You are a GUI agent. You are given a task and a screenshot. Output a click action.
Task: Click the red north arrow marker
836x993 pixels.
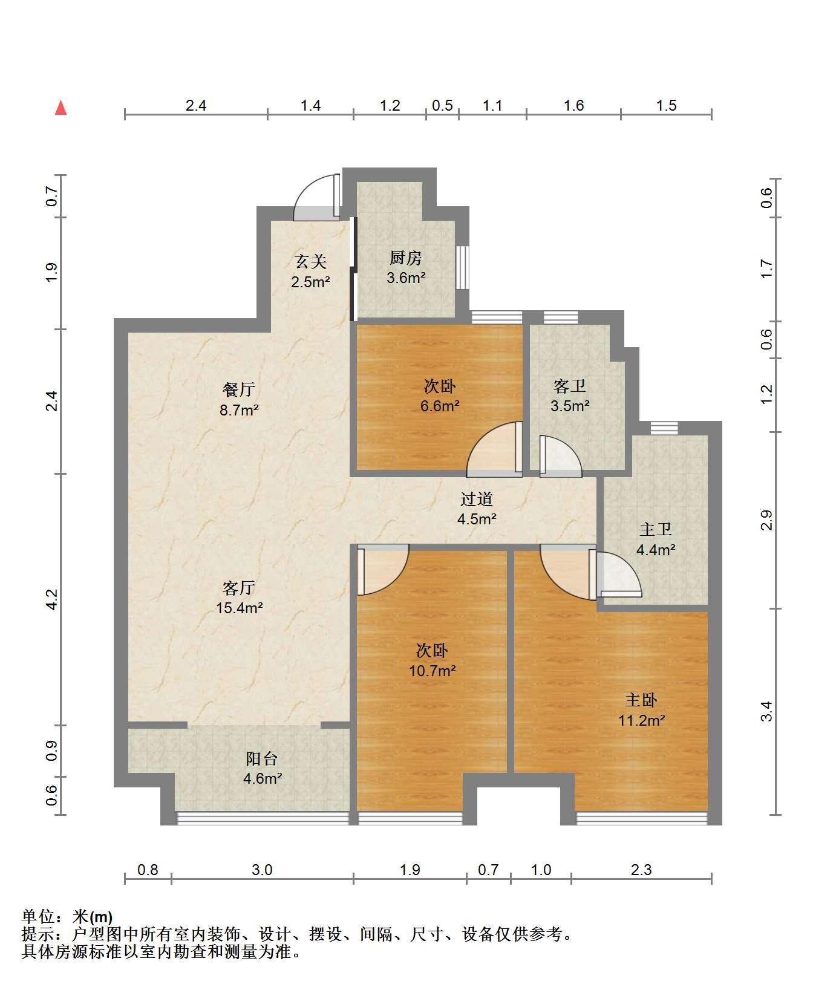60,108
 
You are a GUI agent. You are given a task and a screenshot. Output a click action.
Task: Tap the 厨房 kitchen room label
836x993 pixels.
405,258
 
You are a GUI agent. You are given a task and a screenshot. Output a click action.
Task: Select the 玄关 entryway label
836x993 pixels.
310,261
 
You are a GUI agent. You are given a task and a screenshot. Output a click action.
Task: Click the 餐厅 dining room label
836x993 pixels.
239,389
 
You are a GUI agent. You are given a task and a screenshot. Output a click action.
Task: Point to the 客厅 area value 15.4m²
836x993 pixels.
240,608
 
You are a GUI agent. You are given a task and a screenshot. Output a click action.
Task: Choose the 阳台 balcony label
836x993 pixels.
262,758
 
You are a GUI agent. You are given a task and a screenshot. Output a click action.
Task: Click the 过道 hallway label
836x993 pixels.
477,499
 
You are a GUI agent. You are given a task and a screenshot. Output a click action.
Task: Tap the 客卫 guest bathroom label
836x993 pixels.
570,386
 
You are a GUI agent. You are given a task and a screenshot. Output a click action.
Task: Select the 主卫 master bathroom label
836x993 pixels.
656,530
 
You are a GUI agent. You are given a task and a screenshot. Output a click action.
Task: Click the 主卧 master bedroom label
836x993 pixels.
641,700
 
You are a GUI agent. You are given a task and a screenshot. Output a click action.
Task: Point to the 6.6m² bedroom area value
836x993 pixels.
440,406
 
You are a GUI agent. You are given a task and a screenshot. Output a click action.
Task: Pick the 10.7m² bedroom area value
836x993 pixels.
433,671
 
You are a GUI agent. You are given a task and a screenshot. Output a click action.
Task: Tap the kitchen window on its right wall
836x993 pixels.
463,267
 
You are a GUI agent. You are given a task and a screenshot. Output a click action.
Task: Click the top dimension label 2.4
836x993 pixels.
196,106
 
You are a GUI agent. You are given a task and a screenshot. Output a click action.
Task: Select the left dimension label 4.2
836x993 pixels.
52,599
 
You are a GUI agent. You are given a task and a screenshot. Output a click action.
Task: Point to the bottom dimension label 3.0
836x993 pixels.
262,870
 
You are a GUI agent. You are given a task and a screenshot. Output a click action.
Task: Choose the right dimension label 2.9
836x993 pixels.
766,520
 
